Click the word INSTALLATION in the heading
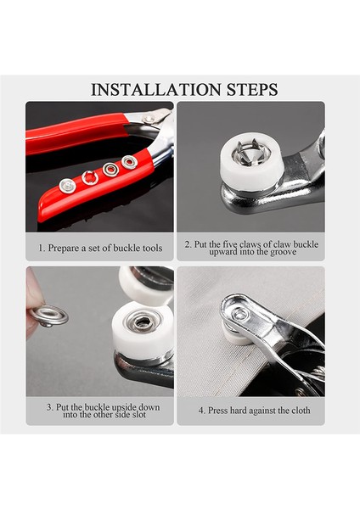[x=156, y=90]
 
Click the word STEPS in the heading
[x=252, y=90]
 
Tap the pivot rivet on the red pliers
[x=149, y=119]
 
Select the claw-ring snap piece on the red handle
[x=90, y=177]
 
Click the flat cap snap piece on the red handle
[x=67, y=186]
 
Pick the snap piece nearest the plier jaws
[x=129, y=162]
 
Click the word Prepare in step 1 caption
[x=63, y=249]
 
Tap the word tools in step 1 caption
[x=152, y=249]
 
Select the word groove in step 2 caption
[x=283, y=252]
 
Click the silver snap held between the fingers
[x=48, y=316]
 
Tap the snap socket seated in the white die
[x=143, y=322]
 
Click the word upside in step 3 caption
[x=125, y=407]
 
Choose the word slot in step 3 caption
[x=138, y=415]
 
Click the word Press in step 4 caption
[x=218, y=411]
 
